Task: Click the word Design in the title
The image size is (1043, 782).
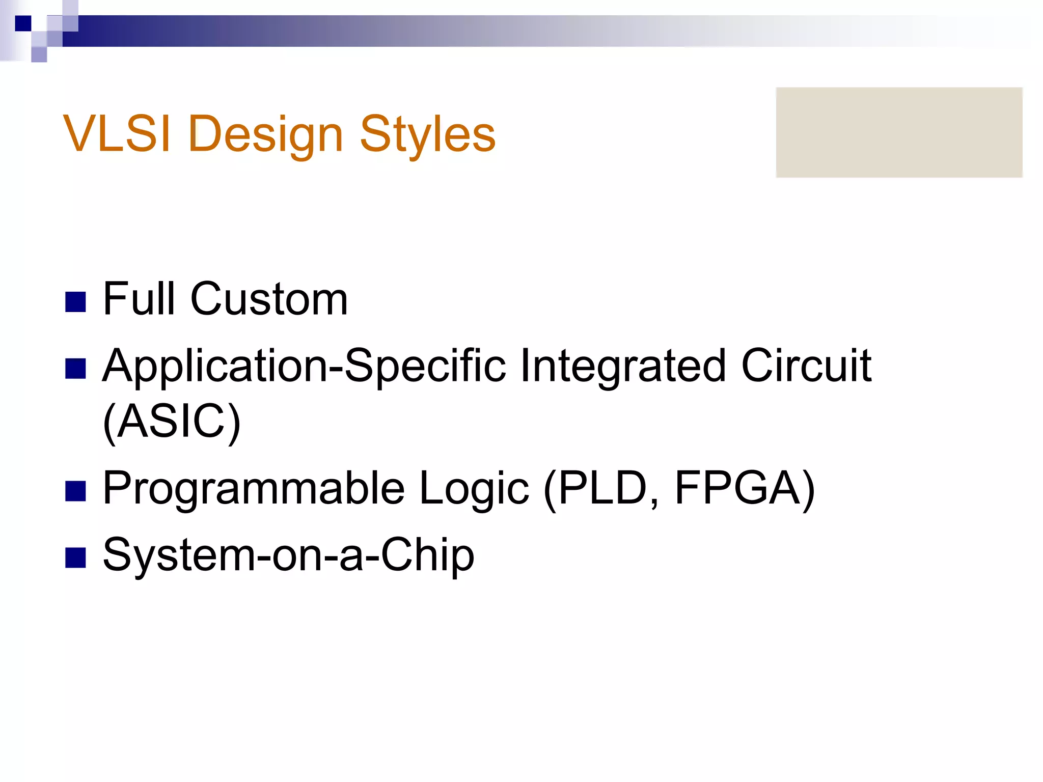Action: click(x=265, y=134)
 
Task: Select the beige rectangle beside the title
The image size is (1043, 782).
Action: click(x=899, y=132)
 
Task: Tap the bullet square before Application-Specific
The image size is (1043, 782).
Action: click(x=75, y=369)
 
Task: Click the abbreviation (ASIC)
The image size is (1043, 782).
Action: click(x=171, y=422)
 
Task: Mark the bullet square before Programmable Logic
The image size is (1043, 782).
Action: click(x=75, y=491)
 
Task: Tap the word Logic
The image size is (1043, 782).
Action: click(x=474, y=489)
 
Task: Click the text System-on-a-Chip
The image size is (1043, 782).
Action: click(x=288, y=555)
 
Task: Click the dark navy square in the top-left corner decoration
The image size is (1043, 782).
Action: click(x=23, y=23)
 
